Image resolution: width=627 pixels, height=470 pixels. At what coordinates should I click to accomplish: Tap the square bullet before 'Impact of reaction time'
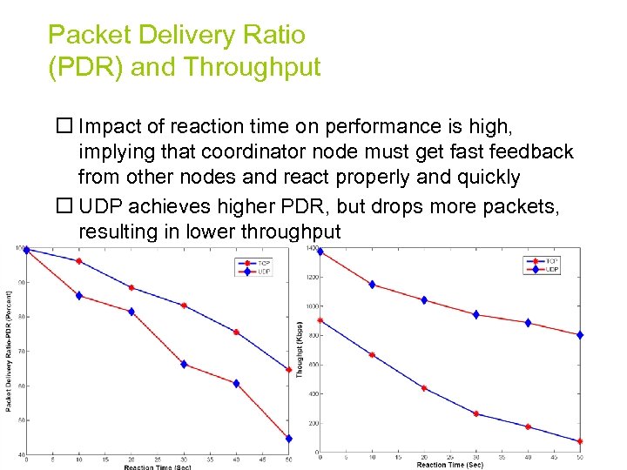tap(63, 126)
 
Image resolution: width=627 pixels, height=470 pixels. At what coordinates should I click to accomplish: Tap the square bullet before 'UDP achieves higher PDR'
tap(63, 207)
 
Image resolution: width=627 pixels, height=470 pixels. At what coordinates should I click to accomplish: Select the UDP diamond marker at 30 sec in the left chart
tap(184, 364)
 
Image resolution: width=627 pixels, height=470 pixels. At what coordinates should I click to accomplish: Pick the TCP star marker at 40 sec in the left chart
tap(236, 332)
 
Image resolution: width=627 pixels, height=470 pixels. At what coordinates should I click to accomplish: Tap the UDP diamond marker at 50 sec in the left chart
tap(288, 439)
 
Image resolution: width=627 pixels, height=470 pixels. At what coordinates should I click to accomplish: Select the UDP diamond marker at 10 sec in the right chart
tap(372, 285)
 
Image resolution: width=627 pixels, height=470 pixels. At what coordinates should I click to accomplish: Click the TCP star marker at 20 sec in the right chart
tap(424, 388)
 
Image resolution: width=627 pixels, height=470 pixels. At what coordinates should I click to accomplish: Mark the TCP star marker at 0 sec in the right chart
tap(320, 320)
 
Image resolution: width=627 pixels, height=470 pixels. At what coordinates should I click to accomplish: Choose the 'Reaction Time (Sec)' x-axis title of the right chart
tap(449, 465)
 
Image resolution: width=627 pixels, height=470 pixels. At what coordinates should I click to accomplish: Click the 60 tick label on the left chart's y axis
tap(19, 386)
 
